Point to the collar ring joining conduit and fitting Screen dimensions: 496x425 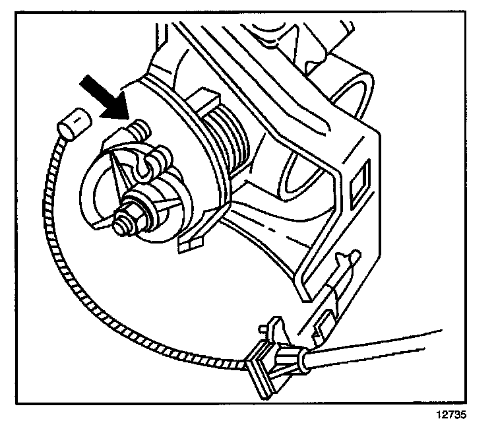299,360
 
